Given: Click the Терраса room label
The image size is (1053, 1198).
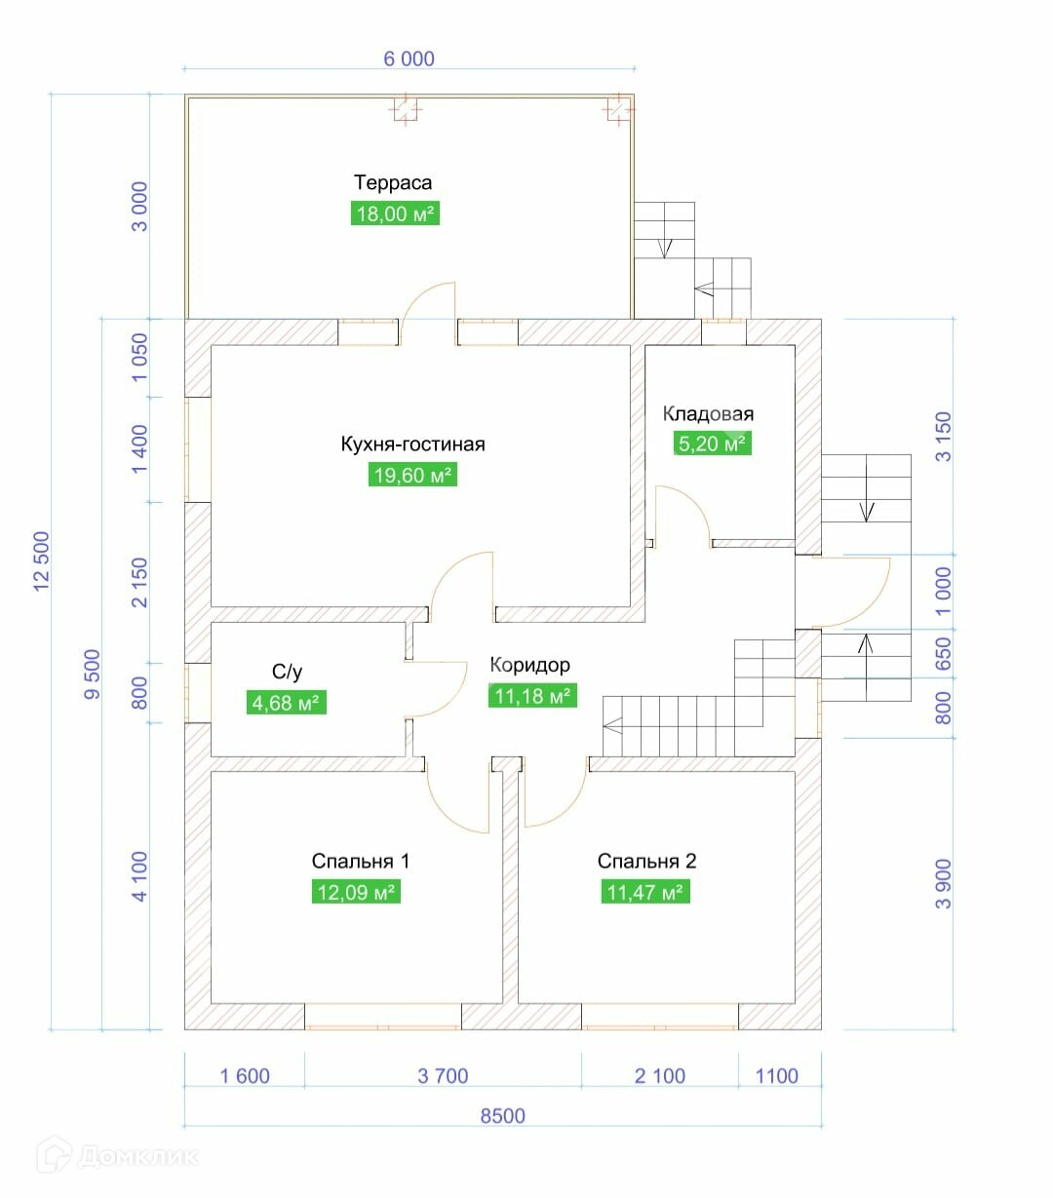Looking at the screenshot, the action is pos(393,182).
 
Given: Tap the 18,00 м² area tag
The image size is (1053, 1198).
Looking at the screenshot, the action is pos(394,213).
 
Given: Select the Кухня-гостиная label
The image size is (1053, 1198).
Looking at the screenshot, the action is pos(412,444).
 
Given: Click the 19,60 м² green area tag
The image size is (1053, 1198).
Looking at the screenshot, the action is pos(412,476).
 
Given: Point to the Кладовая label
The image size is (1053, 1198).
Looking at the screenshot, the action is pos(708,413).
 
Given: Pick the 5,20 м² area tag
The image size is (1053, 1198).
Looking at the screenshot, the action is pos(712,444).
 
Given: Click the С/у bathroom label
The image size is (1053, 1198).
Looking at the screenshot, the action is pos(287,672).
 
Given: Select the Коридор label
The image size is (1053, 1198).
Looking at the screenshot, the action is pos(529,665).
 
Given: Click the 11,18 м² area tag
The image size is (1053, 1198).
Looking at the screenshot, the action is pos(531,696).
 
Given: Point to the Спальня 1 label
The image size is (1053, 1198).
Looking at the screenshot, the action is pos(361,861).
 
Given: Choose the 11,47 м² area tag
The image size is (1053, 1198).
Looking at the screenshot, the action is pos(645,892).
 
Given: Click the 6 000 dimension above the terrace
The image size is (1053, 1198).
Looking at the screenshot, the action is pos(409,58).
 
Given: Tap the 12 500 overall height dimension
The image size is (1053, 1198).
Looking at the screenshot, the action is pos(41,560).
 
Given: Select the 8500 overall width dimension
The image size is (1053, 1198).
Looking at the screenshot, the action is pos(502,1116).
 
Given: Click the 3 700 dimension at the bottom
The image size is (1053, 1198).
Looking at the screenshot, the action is pos(443,1076).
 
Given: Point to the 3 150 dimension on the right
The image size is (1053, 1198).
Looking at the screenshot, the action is pos(943,436).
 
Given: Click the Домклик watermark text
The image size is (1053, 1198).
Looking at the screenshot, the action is pos(136,1157).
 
